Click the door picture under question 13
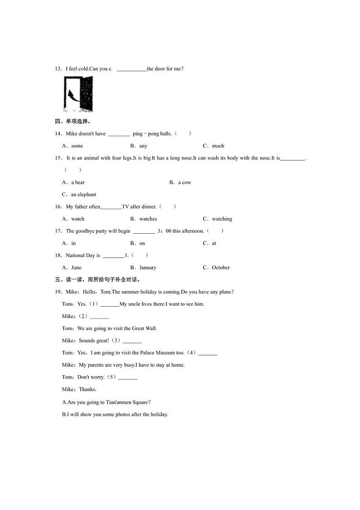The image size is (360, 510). pos(78,94)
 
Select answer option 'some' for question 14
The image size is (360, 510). pos(77,146)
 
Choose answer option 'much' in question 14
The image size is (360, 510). pos(218,146)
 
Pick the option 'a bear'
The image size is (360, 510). pos(78,182)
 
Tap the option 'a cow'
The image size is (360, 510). pos(185,182)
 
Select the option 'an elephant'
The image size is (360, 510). pos(83,195)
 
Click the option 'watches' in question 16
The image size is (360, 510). pos(148,219)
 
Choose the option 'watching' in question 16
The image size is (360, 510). pos(222,219)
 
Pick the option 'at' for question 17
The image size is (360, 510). pos(214,243)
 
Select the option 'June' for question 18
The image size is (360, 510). pos(76,268)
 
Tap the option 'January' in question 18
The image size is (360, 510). pos(147,268)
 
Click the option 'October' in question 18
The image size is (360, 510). pos(221,268)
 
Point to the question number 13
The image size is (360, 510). pos(58,69)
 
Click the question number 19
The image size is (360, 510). pos(58,292)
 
